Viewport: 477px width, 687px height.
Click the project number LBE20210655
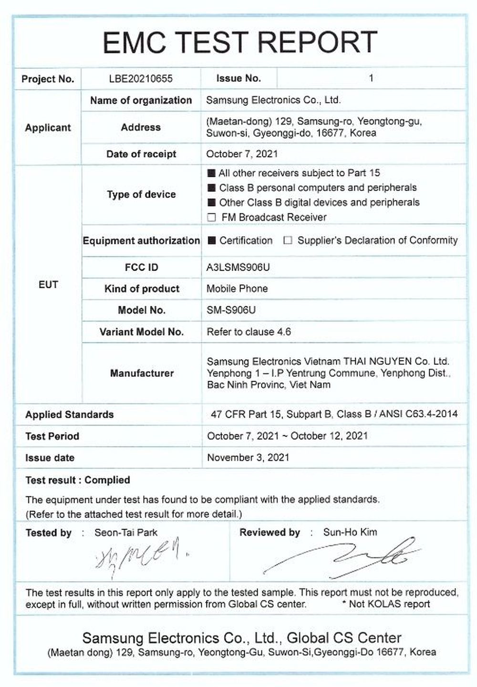pos(141,79)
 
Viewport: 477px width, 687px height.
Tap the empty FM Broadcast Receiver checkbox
pos(212,218)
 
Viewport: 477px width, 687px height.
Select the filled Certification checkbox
pos(212,240)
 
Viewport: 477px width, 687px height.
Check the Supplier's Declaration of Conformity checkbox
pos(288,240)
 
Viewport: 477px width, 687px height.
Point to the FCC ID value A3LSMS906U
pos(238,267)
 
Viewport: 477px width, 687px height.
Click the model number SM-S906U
pos(231,310)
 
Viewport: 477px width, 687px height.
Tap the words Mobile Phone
pos(237,289)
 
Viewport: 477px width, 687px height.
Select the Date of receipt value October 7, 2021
pos(242,154)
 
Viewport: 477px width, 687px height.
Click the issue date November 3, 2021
pos(248,458)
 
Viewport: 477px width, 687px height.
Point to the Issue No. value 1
pos(371,79)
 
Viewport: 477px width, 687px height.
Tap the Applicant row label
pos(48,128)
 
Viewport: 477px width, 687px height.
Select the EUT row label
pos(48,285)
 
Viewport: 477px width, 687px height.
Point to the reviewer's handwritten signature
pos(343,556)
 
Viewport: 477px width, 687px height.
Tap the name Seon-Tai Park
pos(126,532)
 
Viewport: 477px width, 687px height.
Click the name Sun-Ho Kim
pos(350,532)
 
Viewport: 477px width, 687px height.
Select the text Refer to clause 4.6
pos(249,332)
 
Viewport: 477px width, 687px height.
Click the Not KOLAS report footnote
pos(386,604)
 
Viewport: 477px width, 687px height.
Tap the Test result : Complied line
pos(78,480)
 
